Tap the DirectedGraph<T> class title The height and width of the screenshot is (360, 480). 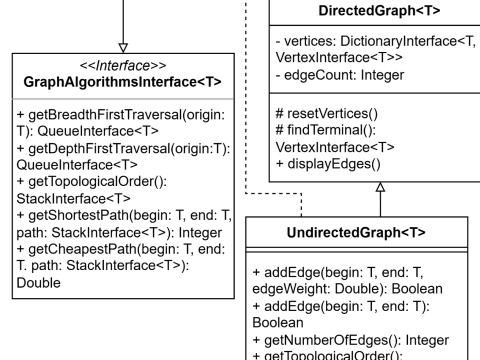(x=384, y=13)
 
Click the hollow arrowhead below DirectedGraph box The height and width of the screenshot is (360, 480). (x=381, y=188)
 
